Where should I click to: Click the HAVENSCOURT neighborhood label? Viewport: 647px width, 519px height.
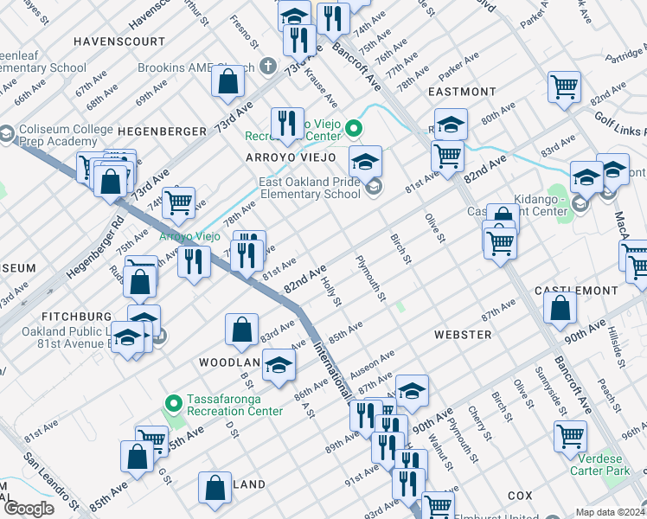tap(119, 41)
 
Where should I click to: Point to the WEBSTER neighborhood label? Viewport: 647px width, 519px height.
tap(463, 334)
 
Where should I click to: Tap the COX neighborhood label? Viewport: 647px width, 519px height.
tap(520, 495)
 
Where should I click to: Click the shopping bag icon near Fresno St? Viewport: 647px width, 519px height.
tap(228, 82)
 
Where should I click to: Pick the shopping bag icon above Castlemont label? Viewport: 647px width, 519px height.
tap(561, 306)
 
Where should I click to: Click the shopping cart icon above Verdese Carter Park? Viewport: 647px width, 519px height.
tap(571, 437)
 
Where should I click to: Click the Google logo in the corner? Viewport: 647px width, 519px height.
tap(29, 509)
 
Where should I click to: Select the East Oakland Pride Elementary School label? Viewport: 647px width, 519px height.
tap(311, 189)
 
